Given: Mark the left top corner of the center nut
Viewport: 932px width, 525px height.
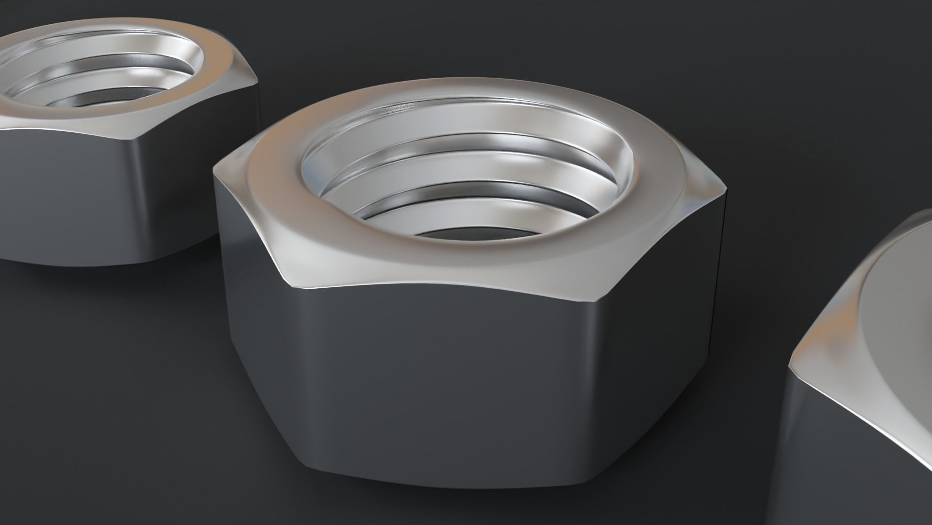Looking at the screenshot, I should tap(216, 168).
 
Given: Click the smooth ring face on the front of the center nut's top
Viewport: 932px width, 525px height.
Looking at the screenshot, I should tap(437, 262).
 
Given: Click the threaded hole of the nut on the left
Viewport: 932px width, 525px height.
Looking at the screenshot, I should tap(97, 73).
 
